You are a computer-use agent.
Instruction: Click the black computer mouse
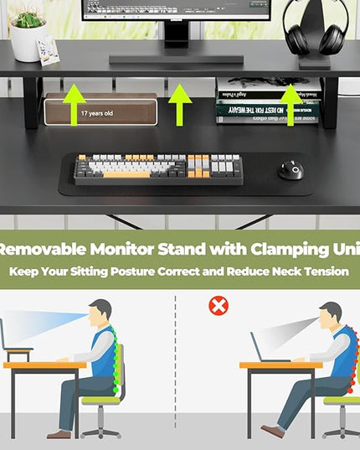pos(291,169)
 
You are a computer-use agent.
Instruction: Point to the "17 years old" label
pos(97,112)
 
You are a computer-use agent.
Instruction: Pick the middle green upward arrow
pos(179,106)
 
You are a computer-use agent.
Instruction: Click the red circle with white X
pos(219,306)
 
